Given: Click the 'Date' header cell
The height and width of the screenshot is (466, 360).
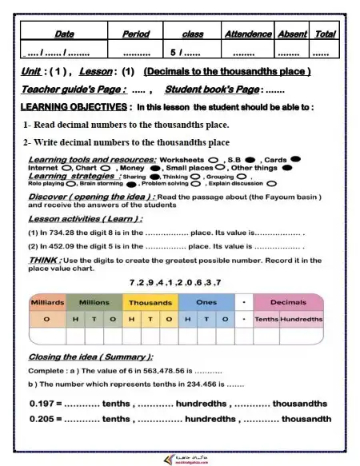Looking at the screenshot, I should point(65,34).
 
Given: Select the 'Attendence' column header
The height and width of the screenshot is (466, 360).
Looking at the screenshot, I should point(247,34).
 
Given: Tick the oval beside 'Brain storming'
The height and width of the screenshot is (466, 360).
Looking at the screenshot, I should point(131,184).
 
